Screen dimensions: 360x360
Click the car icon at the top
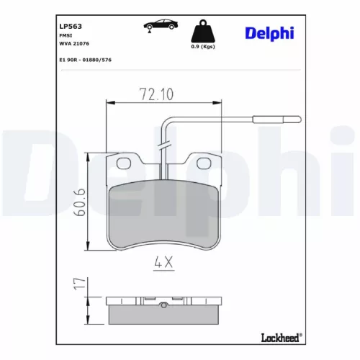(161, 26)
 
